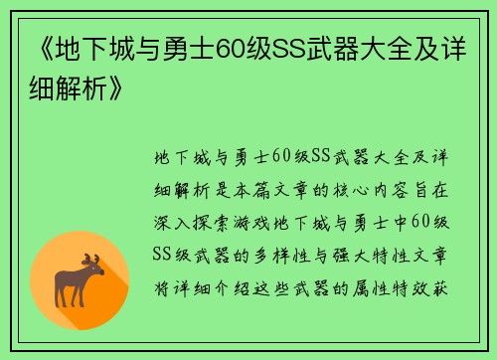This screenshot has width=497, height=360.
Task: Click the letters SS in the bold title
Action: (x=290, y=47)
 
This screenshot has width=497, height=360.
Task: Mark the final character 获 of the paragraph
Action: (x=446, y=279)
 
